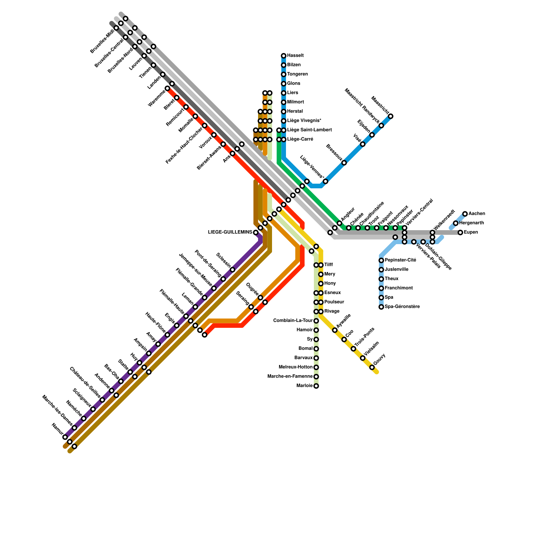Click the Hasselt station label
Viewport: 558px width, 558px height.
click(x=295, y=56)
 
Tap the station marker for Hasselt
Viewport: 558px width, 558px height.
click(x=284, y=56)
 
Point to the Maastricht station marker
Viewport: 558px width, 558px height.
click(x=391, y=116)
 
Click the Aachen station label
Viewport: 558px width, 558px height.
click(x=476, y=214)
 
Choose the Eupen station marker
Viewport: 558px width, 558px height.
click(x=461, y=233)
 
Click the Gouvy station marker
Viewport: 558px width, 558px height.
click(x=372, y=367)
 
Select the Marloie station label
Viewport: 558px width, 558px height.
click(x=304, y=386)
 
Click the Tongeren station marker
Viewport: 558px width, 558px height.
click(x=284, y=75)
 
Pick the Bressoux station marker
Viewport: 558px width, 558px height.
click(x=344, y=163)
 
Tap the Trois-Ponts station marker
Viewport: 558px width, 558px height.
click(x=354, y=349)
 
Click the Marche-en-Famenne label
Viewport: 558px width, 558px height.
click(x=290, y=377)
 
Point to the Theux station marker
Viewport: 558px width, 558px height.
click(x=382, y=279)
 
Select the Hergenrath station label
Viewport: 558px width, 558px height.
click(x=472, y=223)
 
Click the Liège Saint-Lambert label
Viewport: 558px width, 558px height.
click(x=309, y=130)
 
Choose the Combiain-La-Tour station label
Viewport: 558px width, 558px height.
click(x=293, y=321)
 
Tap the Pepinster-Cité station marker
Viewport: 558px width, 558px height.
click(x=382, y=261)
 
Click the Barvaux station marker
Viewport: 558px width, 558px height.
click(x=316, y=358)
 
